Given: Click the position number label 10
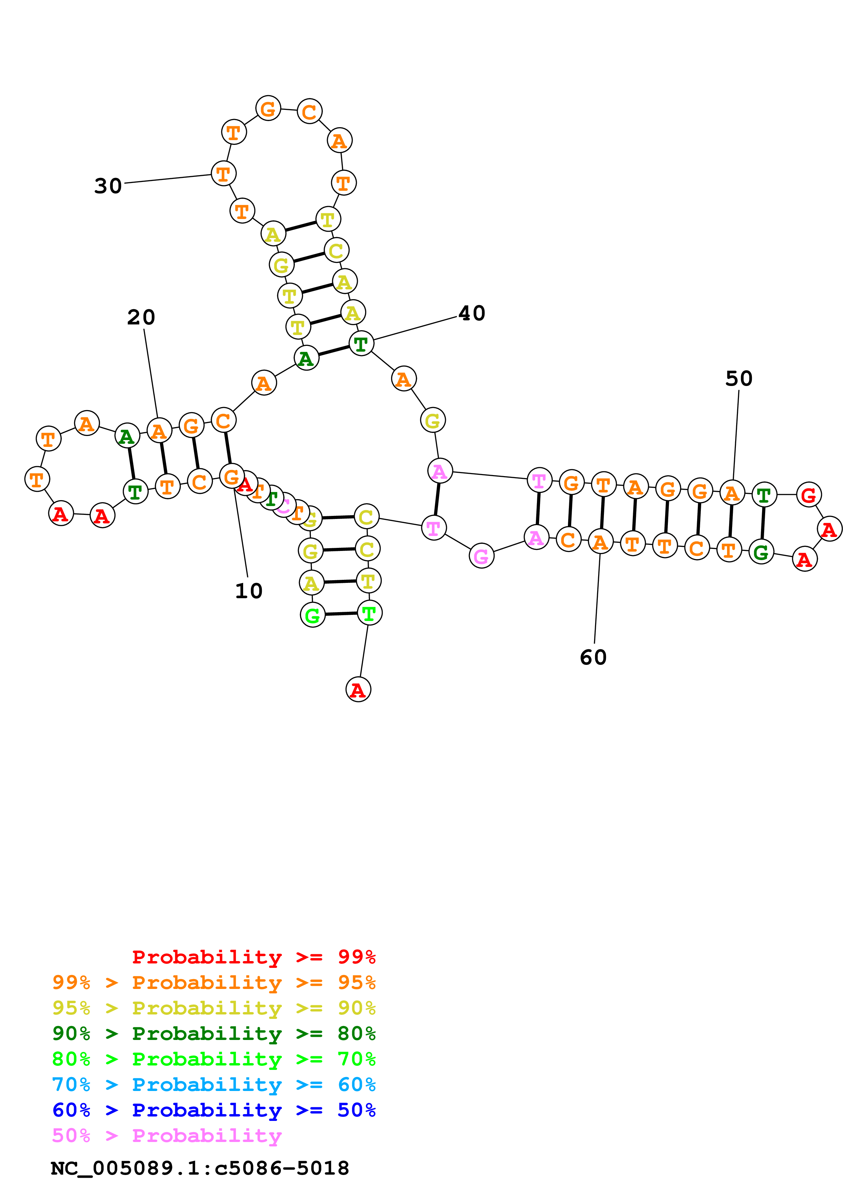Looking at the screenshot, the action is [x=249, y=591].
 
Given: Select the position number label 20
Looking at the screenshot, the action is [x=141, y=317].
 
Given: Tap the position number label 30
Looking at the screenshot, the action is [x=108, y=185].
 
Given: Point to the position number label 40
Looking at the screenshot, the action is [x=472, y=313].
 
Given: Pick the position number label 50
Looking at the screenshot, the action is [x=739, y=378].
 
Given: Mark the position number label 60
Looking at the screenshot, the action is [x=593, y=657].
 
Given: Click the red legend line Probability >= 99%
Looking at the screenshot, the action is [x=253, y=957].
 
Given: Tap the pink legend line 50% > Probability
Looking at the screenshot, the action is [x=167, y=1135].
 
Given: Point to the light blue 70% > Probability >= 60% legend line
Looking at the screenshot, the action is [x=214, y=1085].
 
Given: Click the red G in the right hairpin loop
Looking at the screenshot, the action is [x=809, y=495].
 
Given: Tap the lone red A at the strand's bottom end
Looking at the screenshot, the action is [x=358, y=689].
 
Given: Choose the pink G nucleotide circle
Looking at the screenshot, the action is [x=482, y=556].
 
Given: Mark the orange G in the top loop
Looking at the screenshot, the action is [x=268, y=108].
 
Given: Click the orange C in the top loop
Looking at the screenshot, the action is [x=309, y=111].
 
